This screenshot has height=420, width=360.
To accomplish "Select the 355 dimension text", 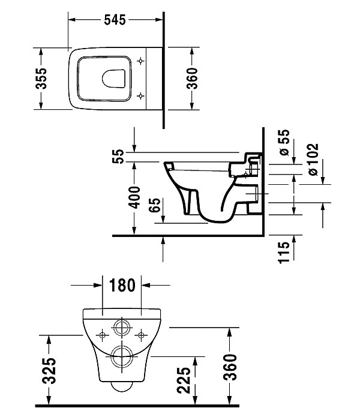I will (x=40, y=78).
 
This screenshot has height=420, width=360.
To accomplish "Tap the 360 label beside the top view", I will (x=192, y=78).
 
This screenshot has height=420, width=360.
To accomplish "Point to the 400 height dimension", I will (x=134, y=197).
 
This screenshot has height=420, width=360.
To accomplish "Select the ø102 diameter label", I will (x=311, y=159).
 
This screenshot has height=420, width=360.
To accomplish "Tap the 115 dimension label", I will (x=285, y=250).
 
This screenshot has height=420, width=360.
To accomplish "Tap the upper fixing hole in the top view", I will (x=142, y=61).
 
